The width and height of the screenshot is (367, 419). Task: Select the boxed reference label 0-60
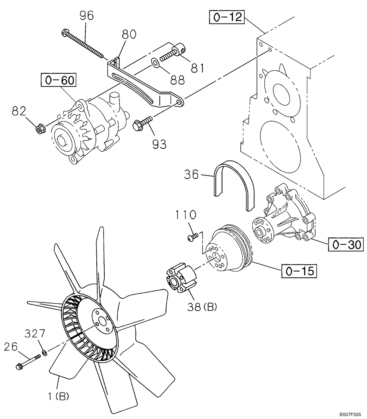click(x=59, y=80)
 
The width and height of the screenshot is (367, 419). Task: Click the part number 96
click(x=87, y=16)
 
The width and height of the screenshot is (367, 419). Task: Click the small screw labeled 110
click(x=191, y=237)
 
